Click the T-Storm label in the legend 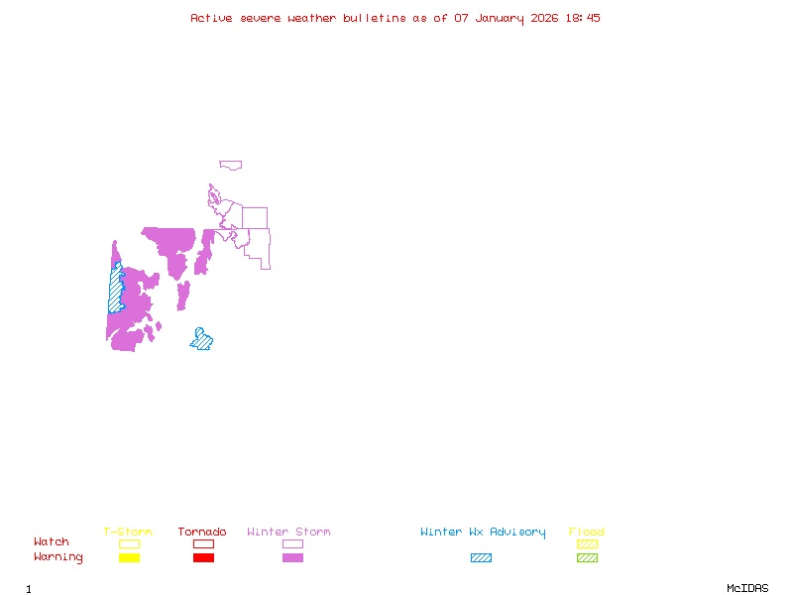pos(128,533)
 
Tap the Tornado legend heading pos(202,533)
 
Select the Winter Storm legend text pos(288,533)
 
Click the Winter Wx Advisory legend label pos(483,533)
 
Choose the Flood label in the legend pos(587,533)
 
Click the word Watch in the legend pos(52,542)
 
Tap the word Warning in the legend pos(58,557)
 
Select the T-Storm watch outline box pos(129,543)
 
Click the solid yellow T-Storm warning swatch pos(129,558)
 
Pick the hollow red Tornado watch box pos(203,543)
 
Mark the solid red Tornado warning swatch pos(203,558)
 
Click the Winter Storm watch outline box pos(292,543)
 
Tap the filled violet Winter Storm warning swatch pos(292,558)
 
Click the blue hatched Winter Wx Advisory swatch pos(481,558)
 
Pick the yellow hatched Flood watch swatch pos(587,543)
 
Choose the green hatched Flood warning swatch pos(587,558)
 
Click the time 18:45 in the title pos(583,18)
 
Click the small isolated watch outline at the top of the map pos(231,166)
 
